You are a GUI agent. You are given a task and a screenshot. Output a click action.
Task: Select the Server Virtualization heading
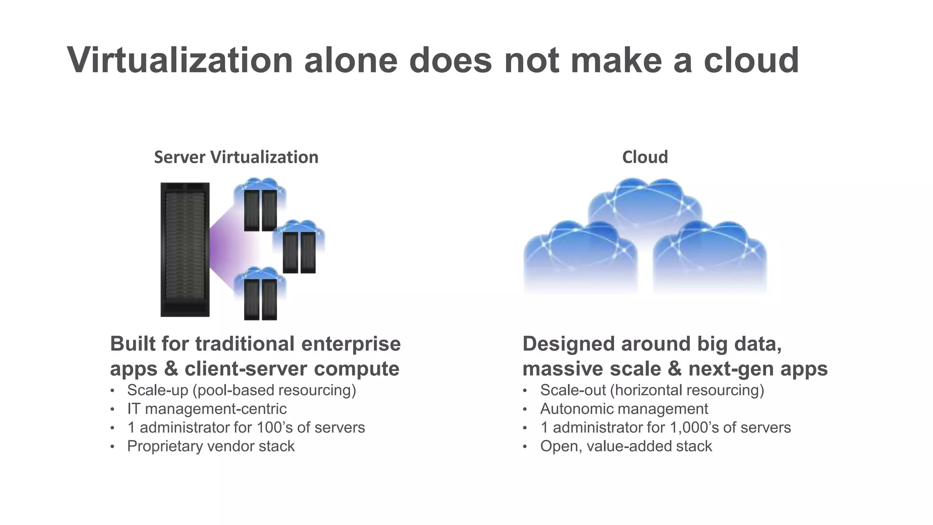[x=236, y=157]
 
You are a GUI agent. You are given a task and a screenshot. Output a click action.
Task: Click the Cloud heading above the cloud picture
[x=645, y=157]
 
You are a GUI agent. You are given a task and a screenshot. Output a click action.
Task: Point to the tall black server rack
[x=185, y=249]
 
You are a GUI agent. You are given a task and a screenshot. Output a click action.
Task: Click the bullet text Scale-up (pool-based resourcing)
[x=241, y=390]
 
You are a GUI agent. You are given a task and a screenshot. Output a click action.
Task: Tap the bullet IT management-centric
[x=207, y=409]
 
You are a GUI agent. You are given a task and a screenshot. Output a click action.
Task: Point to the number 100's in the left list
[x=274, y=427]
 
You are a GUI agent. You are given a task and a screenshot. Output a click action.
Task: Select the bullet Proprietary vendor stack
[x=211, y=446]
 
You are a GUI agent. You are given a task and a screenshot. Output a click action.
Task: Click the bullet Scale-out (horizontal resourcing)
[x=652, y=390]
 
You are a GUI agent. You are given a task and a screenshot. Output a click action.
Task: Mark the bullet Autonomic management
[x=624, y=409]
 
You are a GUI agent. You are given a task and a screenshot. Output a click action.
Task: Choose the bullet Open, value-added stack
[x=626, y=446]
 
